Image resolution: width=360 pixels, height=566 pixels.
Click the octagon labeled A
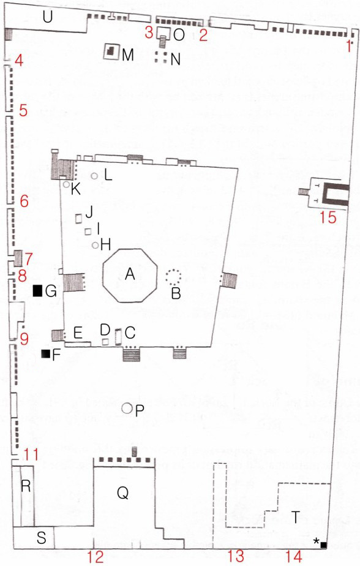pos(130,275)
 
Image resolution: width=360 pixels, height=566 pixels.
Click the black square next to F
pos(46,354)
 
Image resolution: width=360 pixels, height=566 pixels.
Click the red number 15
pos(328,217)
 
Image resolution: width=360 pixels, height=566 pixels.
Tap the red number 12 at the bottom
pos(95,557)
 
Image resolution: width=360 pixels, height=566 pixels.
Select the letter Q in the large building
pos(122,492)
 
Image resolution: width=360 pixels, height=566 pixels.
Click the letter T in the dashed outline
pos(296,517)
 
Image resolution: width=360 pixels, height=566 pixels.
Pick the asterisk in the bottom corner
pos(317,540)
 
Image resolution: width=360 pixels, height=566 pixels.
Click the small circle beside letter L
pos(94,176)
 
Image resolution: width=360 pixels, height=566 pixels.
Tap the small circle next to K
pos(66,184)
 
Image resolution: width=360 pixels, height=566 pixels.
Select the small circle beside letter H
pos(96,246)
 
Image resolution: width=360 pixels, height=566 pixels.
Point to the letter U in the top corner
pos(47,17)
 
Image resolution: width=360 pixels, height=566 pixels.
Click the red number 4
pos(19,60)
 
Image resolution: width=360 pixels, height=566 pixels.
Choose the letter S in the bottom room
pos(42,538)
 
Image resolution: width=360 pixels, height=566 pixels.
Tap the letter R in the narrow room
pos(26,486)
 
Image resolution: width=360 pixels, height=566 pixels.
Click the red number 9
pos(24,339)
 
